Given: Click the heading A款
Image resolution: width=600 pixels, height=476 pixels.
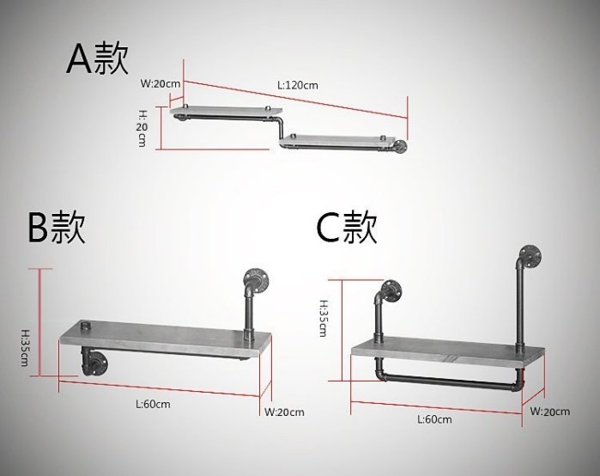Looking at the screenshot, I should pos(98,59).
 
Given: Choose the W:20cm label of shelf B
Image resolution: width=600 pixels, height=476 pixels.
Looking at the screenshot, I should pos(284,412).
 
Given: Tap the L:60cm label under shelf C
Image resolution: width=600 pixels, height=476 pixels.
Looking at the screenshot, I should pos(433,419).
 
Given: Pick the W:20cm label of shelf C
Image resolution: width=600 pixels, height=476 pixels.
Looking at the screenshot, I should pos(550,412).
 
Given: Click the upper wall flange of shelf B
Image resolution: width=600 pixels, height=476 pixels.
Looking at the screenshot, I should pos(255,278).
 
